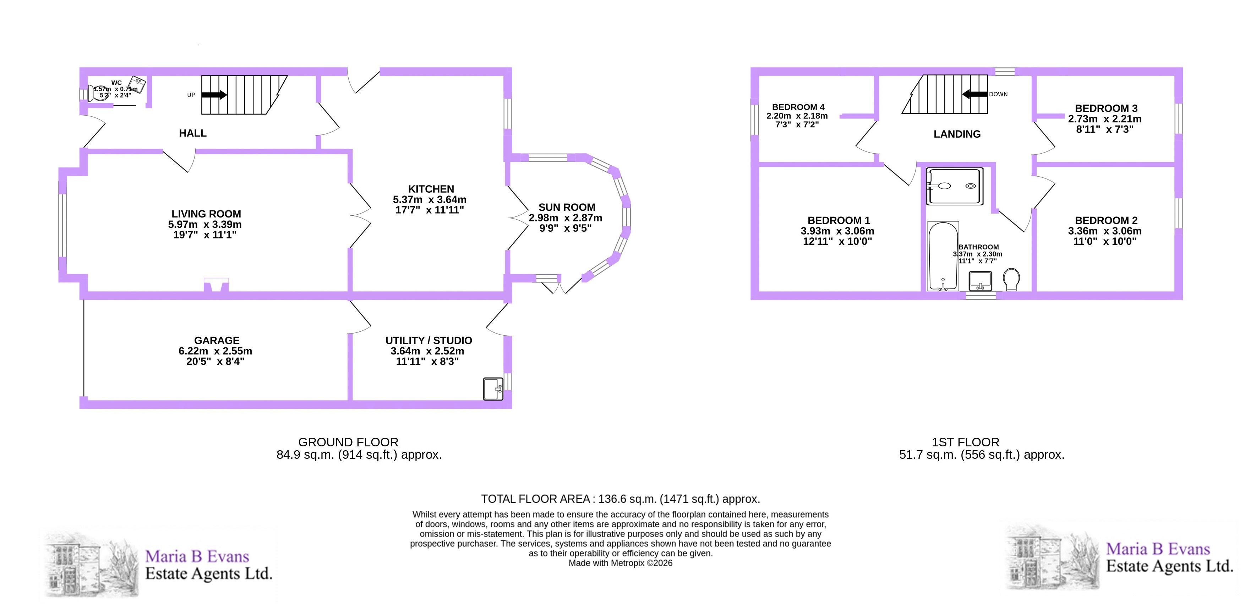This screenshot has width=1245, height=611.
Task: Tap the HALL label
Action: tap(193, 133)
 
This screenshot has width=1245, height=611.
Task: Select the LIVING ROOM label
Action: tap(206, 214)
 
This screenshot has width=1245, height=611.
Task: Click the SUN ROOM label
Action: tap(567, 208)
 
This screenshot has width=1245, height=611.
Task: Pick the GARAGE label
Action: tap(217, 341)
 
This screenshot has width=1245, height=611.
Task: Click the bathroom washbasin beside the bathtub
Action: tap(981, 281)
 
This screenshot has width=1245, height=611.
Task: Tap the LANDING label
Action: tap(957, 134)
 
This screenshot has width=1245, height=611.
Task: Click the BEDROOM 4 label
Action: tap(798, 107)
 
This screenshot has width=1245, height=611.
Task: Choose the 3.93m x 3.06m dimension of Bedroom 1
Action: tap(837, 231)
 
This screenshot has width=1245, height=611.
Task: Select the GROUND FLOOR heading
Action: tap(348, 442)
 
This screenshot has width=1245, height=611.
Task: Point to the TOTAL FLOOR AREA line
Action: tap(621, 499)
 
